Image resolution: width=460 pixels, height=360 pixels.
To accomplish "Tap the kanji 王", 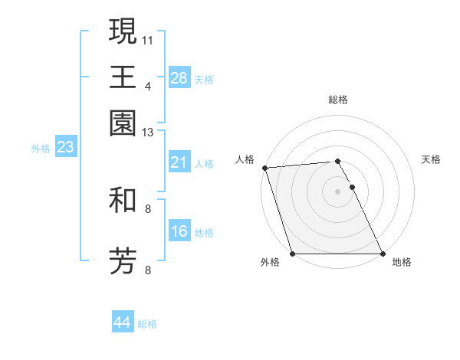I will (x=123, y=77).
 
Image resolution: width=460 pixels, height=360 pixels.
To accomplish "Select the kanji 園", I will (x=123, y=122).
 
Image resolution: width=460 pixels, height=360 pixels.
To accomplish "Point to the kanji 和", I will (x=123, y=201).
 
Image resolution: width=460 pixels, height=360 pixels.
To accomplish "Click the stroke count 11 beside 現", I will (x=149, y=39).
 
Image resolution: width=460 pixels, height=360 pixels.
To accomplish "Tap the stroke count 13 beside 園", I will (x=149, y=133).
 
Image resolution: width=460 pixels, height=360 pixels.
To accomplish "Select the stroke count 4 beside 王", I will (x=148, y=86).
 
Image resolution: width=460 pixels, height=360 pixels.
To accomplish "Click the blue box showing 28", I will (x=179, y=77).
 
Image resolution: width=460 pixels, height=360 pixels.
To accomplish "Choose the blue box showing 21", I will (x=179, y=162).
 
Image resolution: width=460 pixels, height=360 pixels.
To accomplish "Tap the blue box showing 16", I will (x=179, y=231).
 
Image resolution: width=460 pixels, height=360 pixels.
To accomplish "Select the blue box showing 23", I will (x=65, y=147).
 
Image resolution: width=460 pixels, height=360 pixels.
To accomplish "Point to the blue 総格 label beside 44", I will (x=147, y=325).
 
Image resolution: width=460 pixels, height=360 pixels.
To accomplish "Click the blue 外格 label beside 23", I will (x=41, y=149).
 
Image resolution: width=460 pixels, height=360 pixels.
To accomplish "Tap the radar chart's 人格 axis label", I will (x=245, y=159).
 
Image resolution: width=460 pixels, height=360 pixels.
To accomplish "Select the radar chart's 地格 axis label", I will (x=402, y=263).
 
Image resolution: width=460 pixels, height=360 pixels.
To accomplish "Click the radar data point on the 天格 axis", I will (x=353, y=187).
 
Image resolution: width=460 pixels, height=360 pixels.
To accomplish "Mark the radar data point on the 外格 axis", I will (x=292, y=254).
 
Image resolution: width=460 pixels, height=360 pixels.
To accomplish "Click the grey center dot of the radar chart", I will (x=337, y=191).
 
